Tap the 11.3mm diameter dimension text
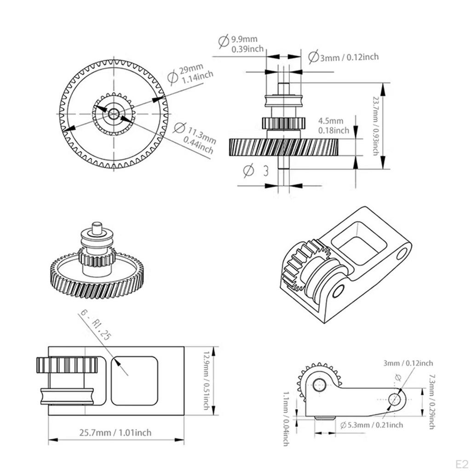click(x=195, y=138)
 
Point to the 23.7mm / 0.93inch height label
click(x=375, y=126)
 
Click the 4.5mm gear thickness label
click(x=333, y=126)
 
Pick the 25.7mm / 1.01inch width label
click(x=115, y=432)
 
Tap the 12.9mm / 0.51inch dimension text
click(x=206, y=380)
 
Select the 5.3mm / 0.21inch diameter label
click(x=372, y=425)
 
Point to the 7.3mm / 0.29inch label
click(x=431, y=401)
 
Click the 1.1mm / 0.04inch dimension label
click(x=286, y=419)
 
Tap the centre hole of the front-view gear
click(x=114, y=114)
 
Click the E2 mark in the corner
click(x=462, y=464)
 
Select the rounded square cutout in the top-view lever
click(x=134, y=380)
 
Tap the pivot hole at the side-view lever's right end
click(x=395, y=400)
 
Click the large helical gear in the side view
click(x=284, y=147)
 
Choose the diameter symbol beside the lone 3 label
click(x=249, y=171)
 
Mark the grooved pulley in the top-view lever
click(x=67, y=396)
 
